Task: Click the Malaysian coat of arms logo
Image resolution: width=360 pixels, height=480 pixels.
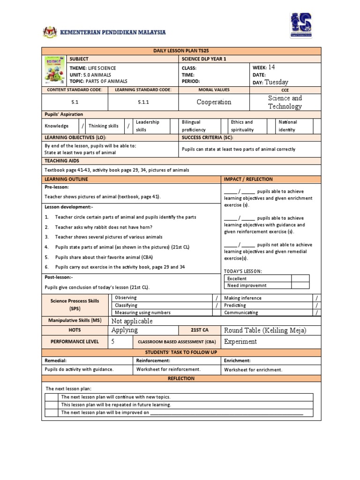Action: (48, 32)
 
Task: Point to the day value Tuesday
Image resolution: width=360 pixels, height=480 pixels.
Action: (277, 82)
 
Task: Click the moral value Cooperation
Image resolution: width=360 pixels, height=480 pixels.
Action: (214, 102)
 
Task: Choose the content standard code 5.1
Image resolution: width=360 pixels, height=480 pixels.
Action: (75, 102)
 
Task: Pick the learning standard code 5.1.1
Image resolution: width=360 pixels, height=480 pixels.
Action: (143, 102)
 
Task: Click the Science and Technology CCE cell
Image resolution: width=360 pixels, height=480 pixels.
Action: (285, 102)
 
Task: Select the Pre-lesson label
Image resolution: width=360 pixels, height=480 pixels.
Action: (57, 187)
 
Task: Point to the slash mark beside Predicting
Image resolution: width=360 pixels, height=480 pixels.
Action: (317, 305)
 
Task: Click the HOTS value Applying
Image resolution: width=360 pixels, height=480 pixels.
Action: (125, 330)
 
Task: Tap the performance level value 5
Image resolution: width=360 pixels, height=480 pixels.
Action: (113, 342)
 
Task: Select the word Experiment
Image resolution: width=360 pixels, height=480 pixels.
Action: (240, 342)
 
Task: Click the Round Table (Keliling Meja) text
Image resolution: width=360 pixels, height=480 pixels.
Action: (265, 330)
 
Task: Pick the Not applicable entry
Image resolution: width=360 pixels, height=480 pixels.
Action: (132, 321)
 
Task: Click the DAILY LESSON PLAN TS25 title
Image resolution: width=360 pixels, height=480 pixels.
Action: (181, 51)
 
